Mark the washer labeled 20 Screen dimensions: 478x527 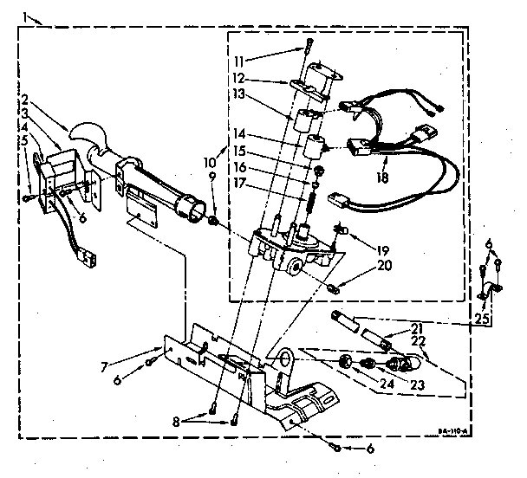tap(333, 287)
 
